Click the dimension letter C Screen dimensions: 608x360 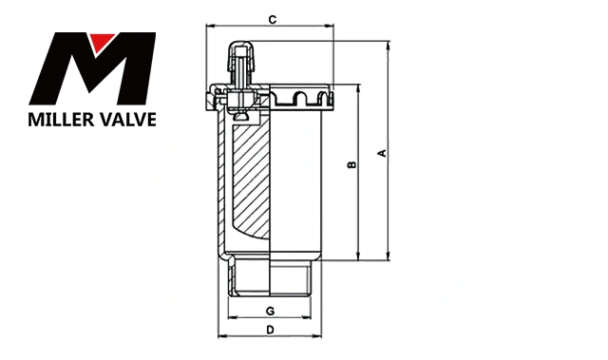point(273,19)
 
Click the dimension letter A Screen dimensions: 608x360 point(382,153)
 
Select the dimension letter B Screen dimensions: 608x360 point(351,164)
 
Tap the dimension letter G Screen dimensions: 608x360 point(270,311)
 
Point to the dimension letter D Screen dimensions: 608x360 point(270,330)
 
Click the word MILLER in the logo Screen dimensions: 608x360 point(61,120)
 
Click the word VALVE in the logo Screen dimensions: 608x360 point(128,120)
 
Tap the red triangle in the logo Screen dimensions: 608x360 point(102,42)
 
